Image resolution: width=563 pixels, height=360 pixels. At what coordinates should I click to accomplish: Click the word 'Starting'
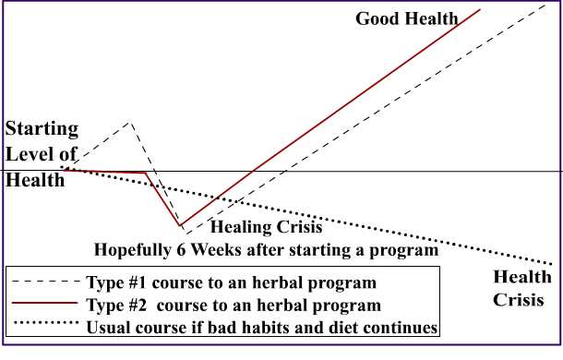(x=42, y=128)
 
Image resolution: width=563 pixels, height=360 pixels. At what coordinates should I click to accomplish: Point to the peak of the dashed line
(x=130, y=122)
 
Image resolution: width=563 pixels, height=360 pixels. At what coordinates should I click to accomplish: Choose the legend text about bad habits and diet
(x=261, y=327)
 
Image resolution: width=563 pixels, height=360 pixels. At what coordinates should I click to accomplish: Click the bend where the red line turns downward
(x=146, y=173)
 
